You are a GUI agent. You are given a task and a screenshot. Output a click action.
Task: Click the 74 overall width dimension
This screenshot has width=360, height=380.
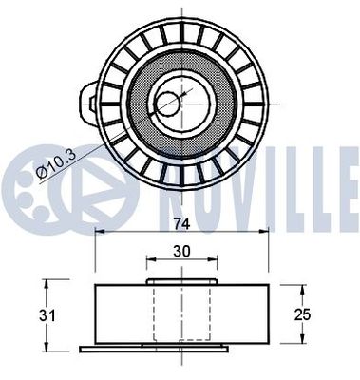[x=180, y=225]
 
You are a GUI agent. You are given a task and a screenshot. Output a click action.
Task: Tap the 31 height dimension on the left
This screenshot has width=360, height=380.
[x=28, y=313]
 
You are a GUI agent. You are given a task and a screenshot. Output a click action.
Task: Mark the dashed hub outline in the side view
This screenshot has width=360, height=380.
[x=180, y=313]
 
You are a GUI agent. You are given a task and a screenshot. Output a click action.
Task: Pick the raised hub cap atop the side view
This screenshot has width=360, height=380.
[x=180, y=281]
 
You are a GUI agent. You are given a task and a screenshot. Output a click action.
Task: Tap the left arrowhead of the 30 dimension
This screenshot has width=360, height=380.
[x=148, y=260]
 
